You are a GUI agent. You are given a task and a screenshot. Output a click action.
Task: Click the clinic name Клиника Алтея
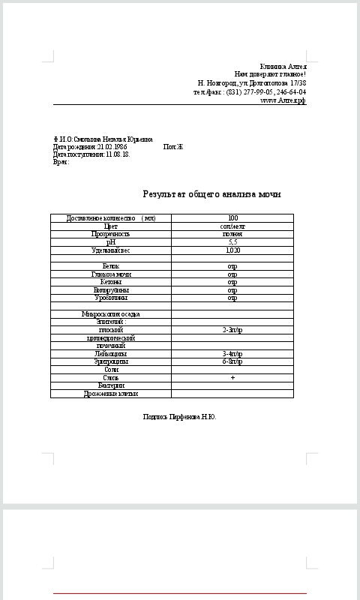click(283, 67)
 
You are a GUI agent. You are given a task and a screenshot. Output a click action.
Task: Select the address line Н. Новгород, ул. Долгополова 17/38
click(251, 83)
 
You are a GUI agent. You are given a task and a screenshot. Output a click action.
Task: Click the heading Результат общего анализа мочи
click(211, 194)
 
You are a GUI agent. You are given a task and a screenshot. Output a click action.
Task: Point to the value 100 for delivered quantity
click(232, 218)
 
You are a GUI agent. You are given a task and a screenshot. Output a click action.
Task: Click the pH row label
click(111, 242)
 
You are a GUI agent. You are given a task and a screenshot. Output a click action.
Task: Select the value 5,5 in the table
click(232, 242)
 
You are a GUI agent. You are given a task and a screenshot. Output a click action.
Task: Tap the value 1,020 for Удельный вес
click(232, 250)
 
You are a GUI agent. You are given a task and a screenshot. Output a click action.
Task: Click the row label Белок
click(111, 266)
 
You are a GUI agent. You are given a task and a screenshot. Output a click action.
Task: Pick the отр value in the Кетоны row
click(232, 282)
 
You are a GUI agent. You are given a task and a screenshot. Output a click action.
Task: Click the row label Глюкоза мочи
click(111, 274)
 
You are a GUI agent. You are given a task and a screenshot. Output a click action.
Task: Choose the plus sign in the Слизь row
click(232, 377)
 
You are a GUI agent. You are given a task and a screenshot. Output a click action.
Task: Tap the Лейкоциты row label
click(111, 353)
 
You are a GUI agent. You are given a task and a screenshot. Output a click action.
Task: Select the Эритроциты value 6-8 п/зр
click(232, 361)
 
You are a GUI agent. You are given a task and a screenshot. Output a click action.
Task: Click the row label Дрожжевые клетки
click(111, 393)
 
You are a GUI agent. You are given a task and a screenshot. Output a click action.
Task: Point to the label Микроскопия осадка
click(111, 314)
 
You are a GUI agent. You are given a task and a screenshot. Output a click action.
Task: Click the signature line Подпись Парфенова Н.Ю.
click(179, 416)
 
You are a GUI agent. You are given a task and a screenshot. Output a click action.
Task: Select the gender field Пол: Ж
click(172, 147)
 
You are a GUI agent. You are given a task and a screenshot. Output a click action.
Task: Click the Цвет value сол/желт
click(232, 226)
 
